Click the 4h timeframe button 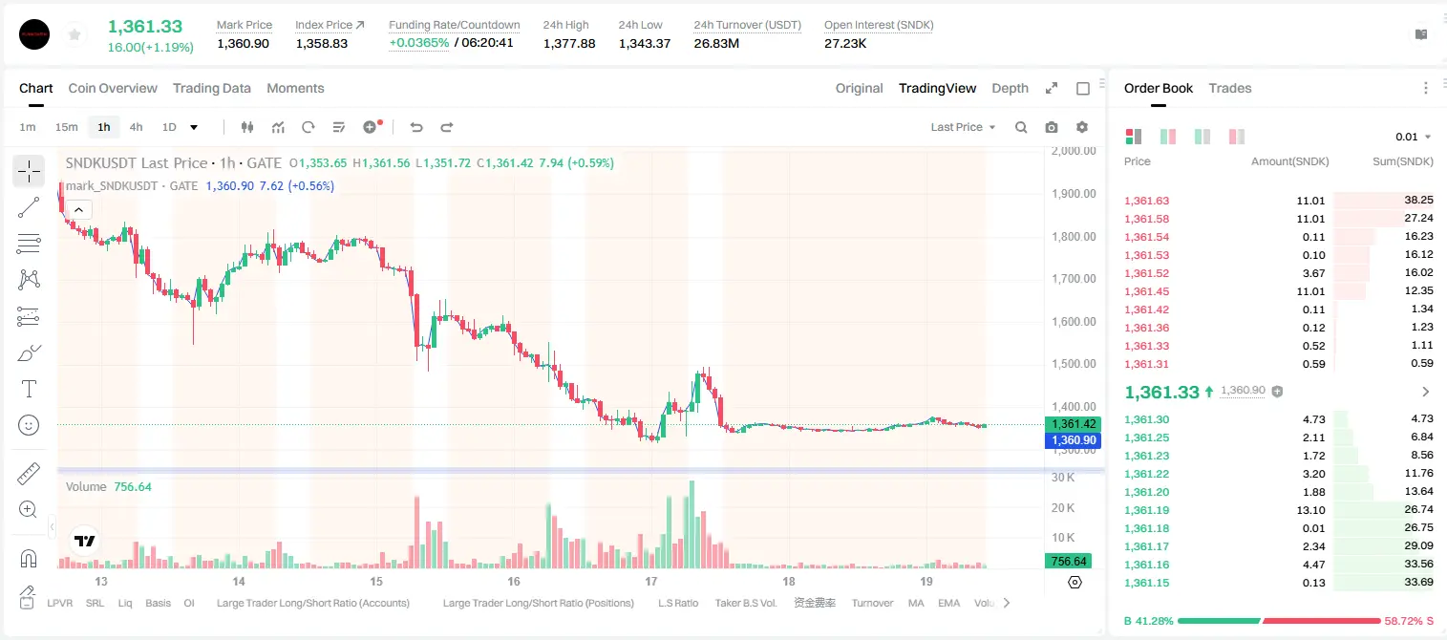[x=136, y=127]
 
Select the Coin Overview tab [x=113, y=88]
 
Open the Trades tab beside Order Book [x=1230, y=88]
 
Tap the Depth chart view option [x=1010, y=88]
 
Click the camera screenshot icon [x=1052, y=127]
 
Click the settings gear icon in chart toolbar [x=1082, y=127]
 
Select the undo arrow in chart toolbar [x=416, y=127]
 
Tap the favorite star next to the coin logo [x=74, y=34]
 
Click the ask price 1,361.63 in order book [x=1147, y=201]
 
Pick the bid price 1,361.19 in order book [x=1147, y=510]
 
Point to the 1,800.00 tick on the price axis [x=1074, y=236]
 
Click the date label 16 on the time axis [x=514, y=581]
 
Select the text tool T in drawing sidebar [x=29, y=389]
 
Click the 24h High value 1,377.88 [x=569, y=43]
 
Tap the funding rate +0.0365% [x=418, y=43]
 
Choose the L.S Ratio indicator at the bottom [x=677, y=603]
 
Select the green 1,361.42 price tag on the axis [x=1074, y=424]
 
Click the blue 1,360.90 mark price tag [x=1074, y=439]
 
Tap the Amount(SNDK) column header [x=1289, y=161]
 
